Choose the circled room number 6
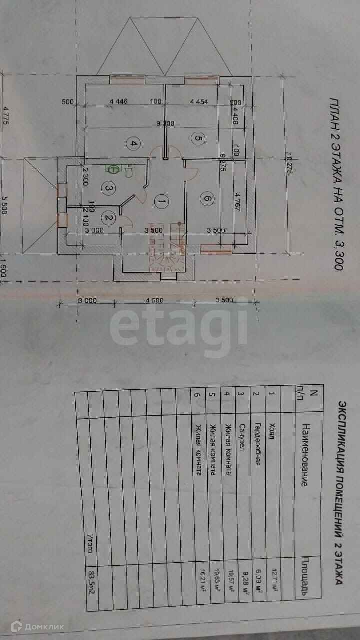[207, 199]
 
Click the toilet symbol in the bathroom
[128, 171]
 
